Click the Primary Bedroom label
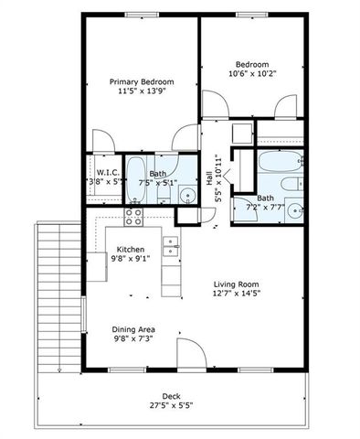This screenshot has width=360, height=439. tap(142, 82)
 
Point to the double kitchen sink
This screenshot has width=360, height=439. tap(170, 244)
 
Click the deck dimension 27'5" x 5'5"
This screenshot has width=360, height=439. tap(173, 404)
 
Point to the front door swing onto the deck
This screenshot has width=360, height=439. tap(188, 352)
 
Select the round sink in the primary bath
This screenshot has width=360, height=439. tap(186, 193)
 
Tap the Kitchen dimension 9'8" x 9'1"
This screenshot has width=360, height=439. tap(131, 259)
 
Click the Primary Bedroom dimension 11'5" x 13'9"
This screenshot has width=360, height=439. tap(142, 92)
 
